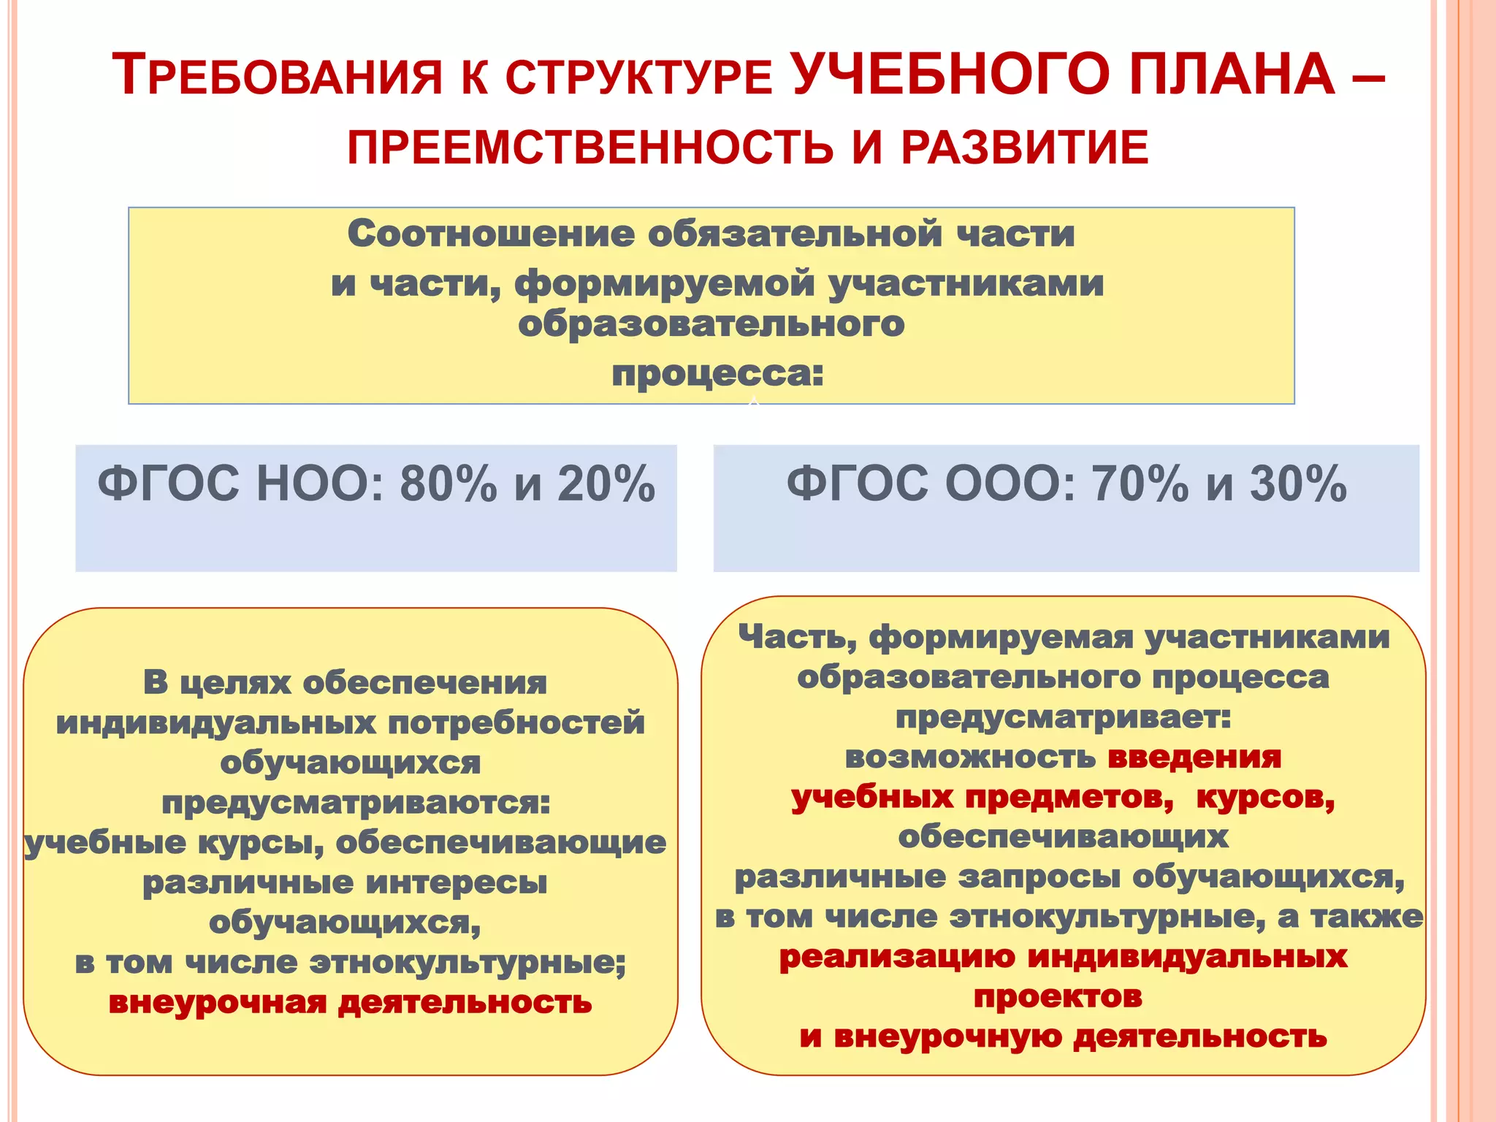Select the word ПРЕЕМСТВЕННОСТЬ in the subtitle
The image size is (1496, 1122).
[589, 147]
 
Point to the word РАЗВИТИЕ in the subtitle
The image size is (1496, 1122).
[1025, 147]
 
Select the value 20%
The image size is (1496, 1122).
[606, 484]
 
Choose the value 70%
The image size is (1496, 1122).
[1140, 484]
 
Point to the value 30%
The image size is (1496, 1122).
[1298, 484]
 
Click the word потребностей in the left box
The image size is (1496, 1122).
[516, 724]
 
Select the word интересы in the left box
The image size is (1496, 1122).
[456, 883]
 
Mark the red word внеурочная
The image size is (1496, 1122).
[217, 1003]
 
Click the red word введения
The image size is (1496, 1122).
[1194, 757]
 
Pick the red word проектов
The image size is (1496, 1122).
[1058, 996]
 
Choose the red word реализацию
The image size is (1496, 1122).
[896, 957]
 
